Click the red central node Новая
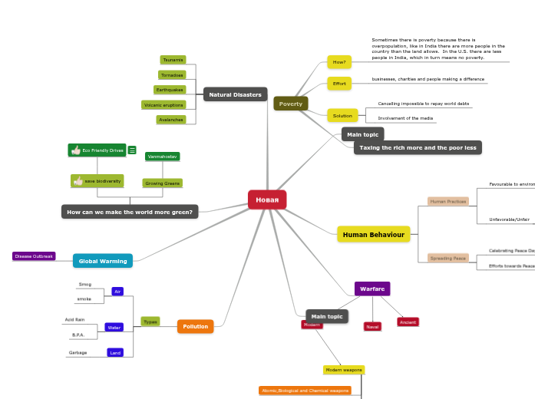point(267,199)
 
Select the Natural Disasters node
point(235,94)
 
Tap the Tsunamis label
point(173,60)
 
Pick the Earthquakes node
point(170,90)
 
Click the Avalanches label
point(170,120)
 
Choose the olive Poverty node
point(290,104)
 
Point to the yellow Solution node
point(342,116)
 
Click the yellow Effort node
point(339,83)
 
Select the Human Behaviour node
point(373,234)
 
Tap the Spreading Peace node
point(447,259)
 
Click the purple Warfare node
point(372,289)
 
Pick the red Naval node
point(372,326)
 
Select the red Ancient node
point(408,322)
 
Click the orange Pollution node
point(195,326)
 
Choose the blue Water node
point(114,328)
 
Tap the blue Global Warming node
point(103,261)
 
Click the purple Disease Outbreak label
point(34,256)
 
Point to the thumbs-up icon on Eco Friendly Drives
point(76,150)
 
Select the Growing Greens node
point(162,183)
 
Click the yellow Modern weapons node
point(344,370)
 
